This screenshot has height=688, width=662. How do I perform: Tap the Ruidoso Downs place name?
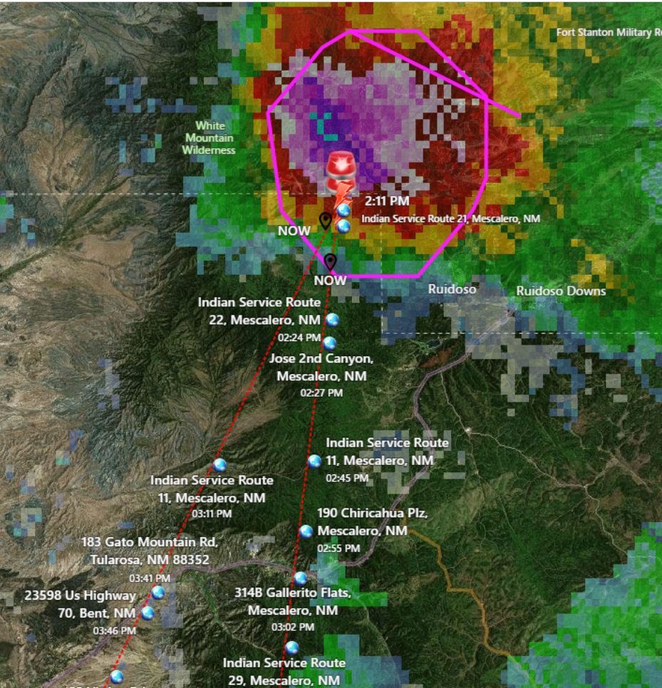(561, 291)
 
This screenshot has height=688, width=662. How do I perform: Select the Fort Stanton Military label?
(608, 33)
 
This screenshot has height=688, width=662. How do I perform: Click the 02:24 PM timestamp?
(299, 338)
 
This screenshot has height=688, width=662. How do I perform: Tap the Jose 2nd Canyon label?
(321, 367)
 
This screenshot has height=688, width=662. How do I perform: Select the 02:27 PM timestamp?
(321, 392)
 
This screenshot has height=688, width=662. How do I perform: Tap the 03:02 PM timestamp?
(293, 627)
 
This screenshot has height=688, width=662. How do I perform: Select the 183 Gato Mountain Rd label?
(150, 551)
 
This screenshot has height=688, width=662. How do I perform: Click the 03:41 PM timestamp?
(150, 578)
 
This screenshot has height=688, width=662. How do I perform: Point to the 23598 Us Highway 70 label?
(80, 604)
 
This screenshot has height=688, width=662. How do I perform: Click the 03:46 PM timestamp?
(114, 630)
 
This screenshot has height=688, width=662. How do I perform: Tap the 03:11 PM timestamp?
(212, 514)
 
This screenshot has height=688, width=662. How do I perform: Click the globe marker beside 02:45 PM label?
(314, 461)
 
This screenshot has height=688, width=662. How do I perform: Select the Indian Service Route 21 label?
(450, 219)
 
